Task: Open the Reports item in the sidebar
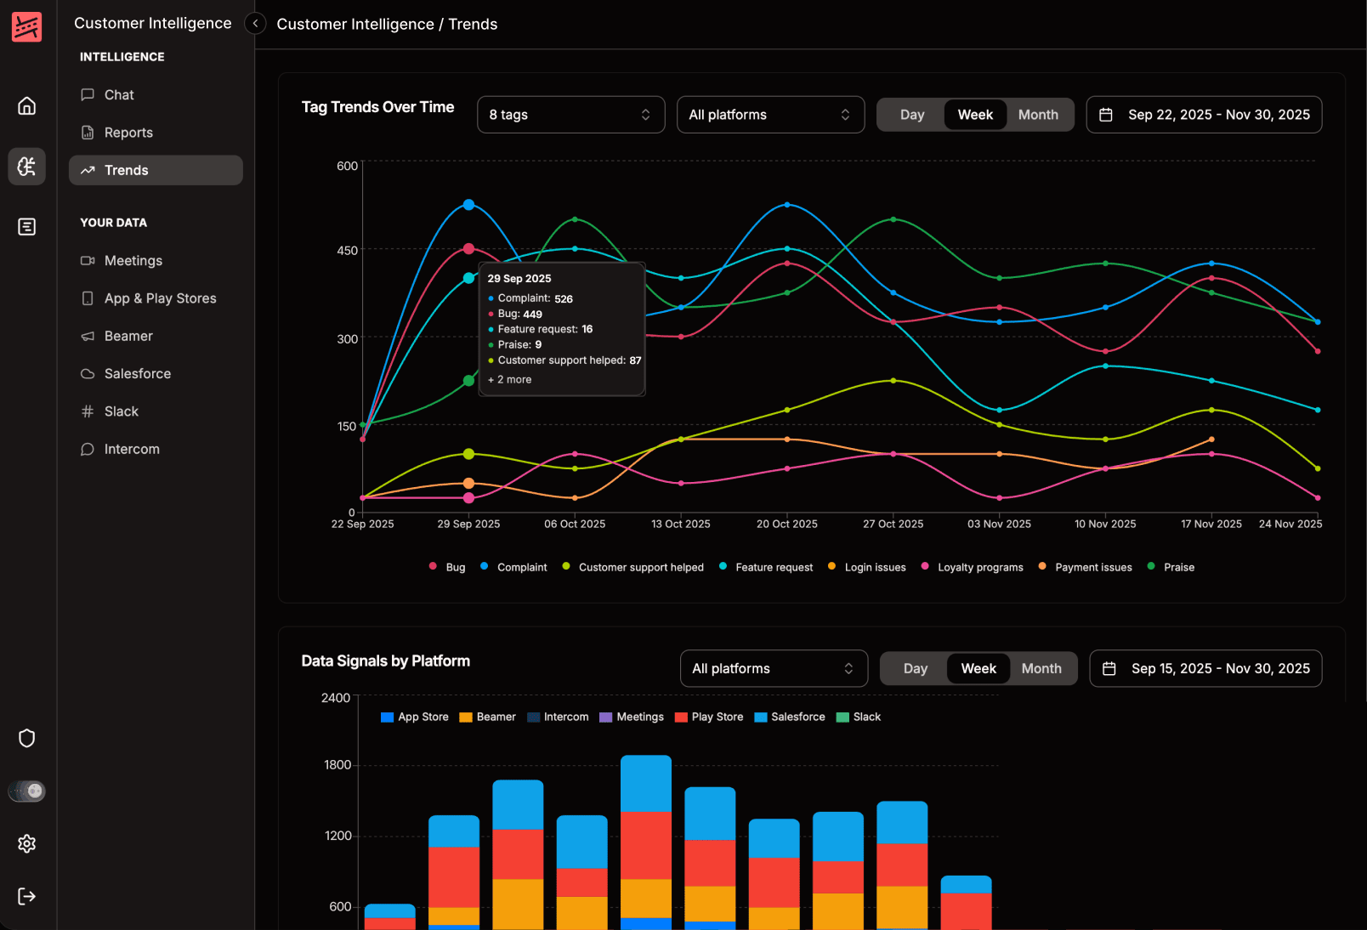coord(128,133)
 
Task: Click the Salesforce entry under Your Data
coord(137,374)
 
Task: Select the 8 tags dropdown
coord(570,115)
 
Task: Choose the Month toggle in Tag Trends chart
coord(1038,115)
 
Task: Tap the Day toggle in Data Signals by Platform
coord(915,669)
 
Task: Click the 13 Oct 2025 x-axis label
coord(680,525)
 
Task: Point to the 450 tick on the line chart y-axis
coord(347,251)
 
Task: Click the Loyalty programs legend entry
coord(979,568)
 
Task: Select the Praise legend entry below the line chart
coord(1178,568)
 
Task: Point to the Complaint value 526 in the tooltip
coord(564,299)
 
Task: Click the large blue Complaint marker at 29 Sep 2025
coord(468,205)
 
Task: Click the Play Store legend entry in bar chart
coord(717,717)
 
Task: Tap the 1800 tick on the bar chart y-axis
coord(337,765)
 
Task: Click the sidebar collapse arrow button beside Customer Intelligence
coord(255,24)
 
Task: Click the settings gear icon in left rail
coord(27,843)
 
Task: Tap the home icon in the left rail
coord(27,106)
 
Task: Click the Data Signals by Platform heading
coord(385,661)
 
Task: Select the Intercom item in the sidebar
coord(131,450)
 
